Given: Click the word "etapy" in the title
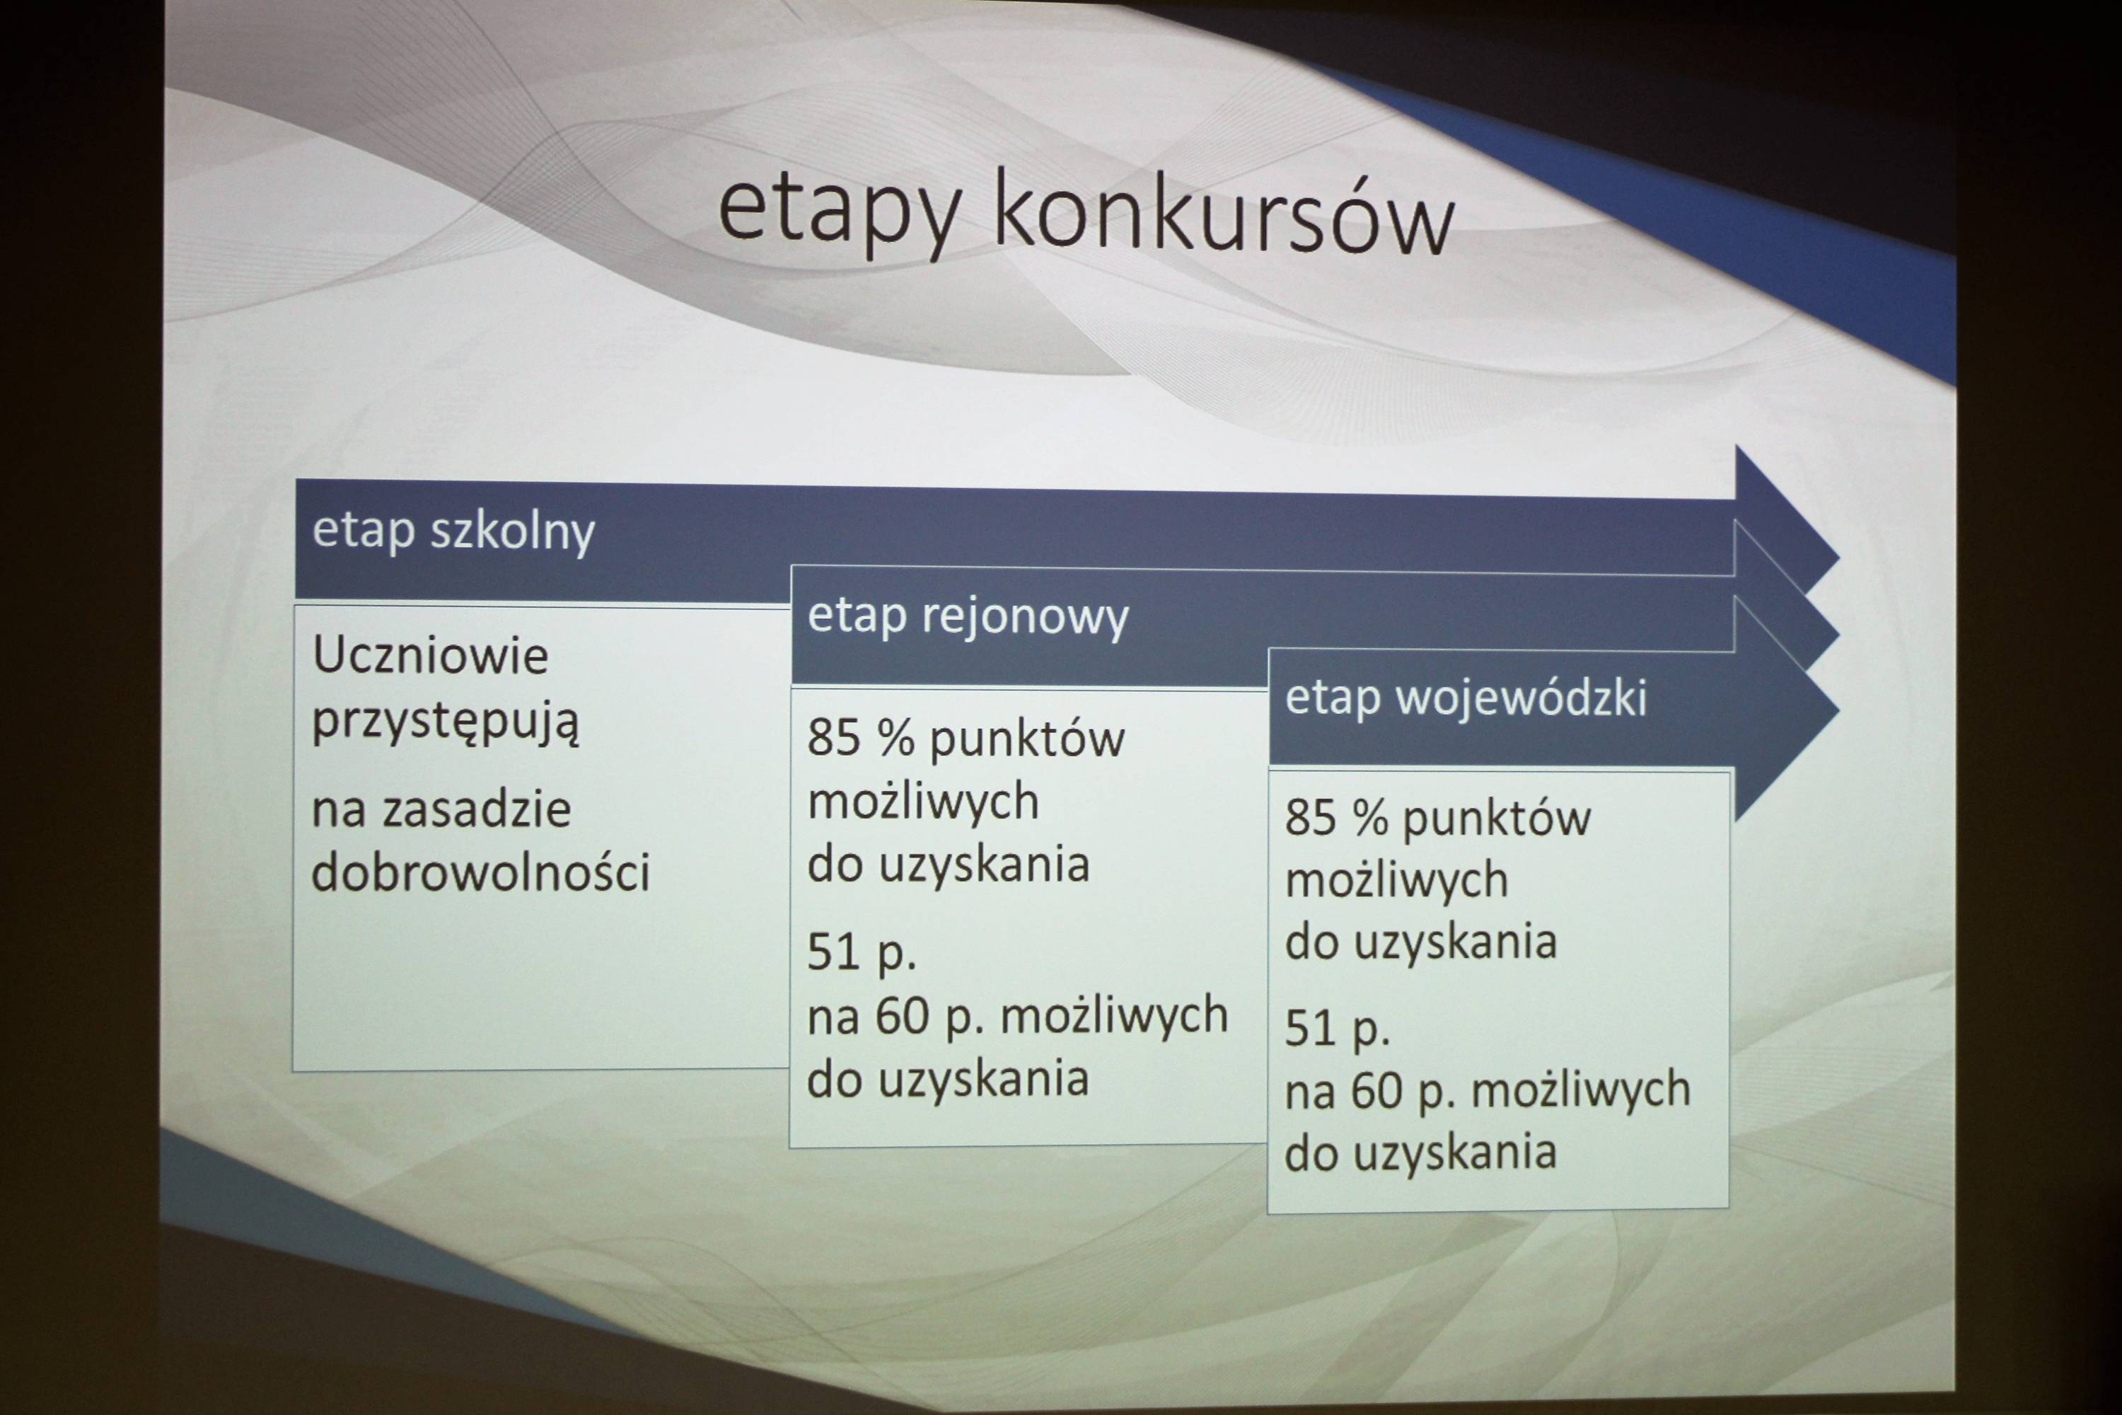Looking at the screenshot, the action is coord(839,213).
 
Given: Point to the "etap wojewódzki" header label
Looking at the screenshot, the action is coord(1466,698).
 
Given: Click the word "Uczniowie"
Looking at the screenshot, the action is coord(430,654).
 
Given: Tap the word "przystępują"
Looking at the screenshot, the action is coord(445,722).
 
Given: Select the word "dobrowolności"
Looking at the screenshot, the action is coord(480,872).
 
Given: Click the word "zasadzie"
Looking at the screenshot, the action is coord(477,809).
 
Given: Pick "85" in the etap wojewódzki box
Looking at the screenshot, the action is coord(1311,818).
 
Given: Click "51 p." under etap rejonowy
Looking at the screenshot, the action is coord(862,954).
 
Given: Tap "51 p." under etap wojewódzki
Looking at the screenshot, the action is coord(1337,1029).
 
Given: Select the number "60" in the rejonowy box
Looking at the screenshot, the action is coord(903,1015).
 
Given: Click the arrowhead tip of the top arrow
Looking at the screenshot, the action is coord(1838,557).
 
